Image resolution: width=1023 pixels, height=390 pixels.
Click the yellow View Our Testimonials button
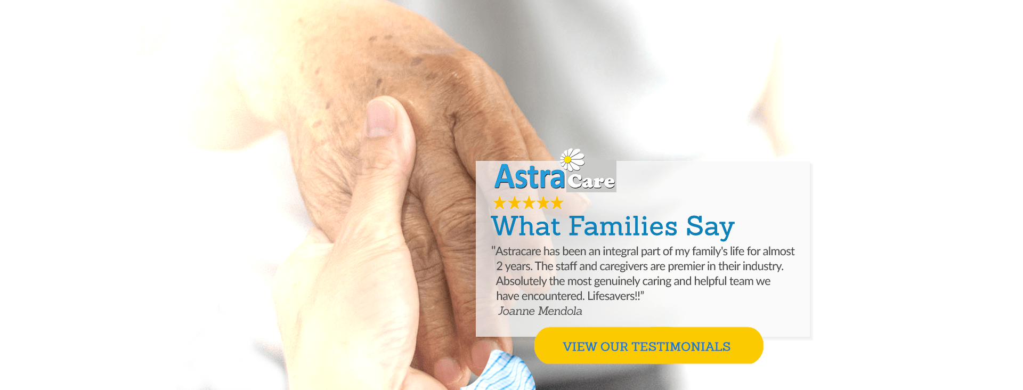coord(648,346)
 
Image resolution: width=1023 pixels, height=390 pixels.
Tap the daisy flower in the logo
coord(572,159)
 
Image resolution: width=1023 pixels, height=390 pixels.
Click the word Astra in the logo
coord(530,177)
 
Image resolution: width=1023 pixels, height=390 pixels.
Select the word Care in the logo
coord(591,181)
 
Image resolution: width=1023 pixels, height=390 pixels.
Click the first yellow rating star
coord(499,203)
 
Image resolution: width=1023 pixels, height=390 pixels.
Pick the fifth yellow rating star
coord(557,203)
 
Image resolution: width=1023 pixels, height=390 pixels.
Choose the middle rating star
coord(528,203)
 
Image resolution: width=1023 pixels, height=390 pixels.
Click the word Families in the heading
coord(623,226)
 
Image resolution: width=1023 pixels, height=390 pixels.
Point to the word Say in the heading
coord(710,228)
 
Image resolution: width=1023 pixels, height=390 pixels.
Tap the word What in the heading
coord(526,226)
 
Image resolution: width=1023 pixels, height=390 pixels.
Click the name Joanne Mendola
coord(540,311)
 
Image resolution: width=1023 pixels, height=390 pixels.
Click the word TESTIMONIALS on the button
coord(681,347)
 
